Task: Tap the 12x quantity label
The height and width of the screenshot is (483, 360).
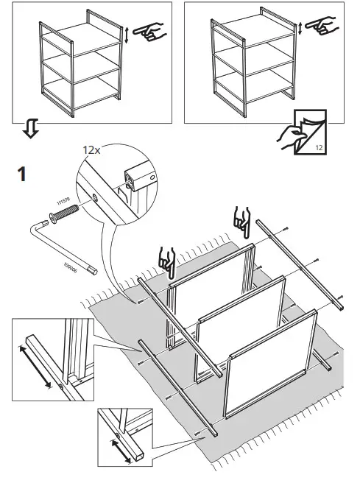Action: (91, 149)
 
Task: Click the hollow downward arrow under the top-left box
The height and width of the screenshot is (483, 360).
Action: (29, 130)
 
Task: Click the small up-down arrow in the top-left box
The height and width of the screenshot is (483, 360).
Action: (127, 35)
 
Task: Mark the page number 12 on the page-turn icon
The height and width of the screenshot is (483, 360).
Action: (318, 148)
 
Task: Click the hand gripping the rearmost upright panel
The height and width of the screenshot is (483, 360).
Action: (241, 218)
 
